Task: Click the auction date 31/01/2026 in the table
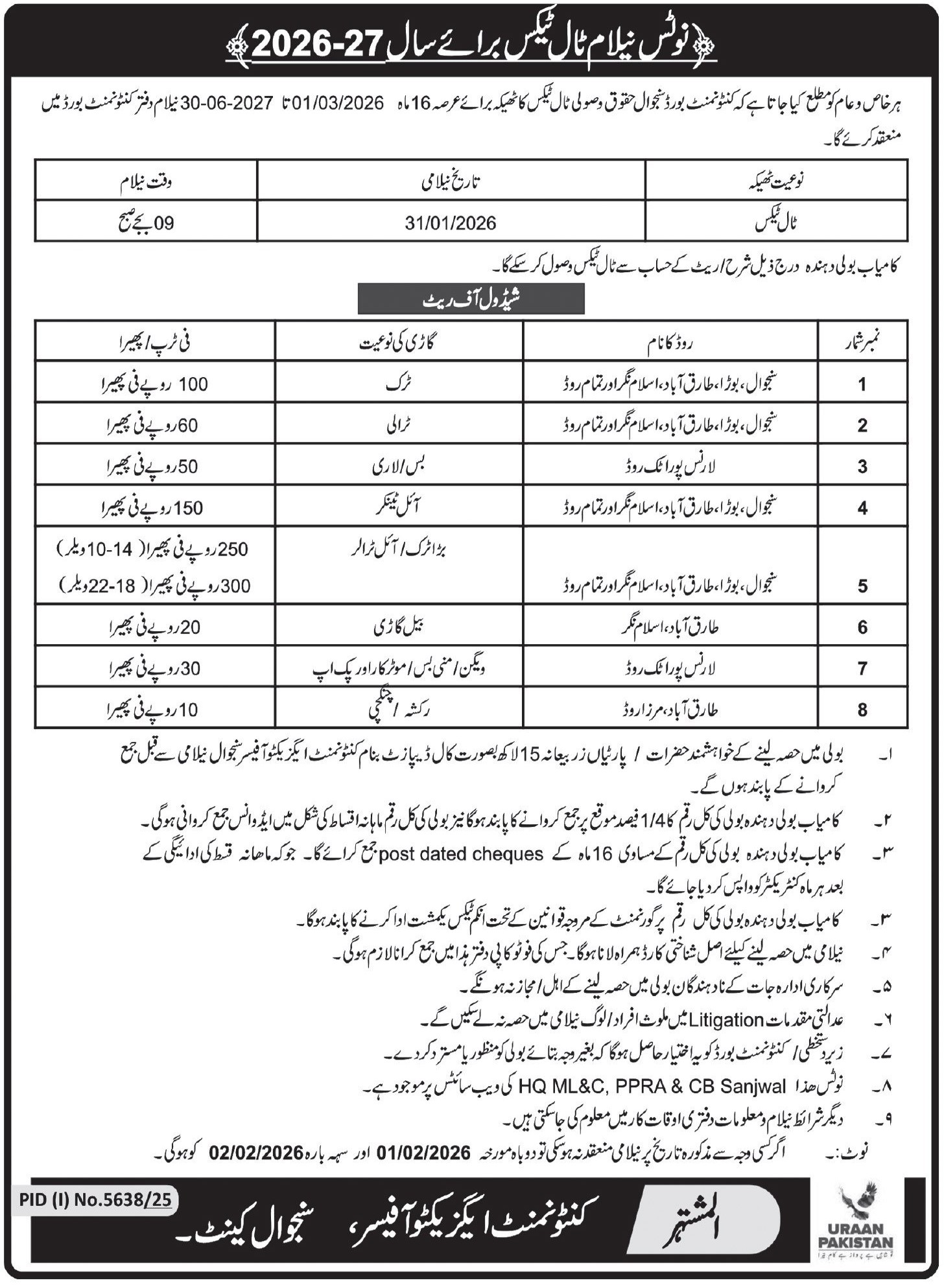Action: point(451,224)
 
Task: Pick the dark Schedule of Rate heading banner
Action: point(471,299)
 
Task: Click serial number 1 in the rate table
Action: point(862,384)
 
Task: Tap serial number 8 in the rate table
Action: point(862,710)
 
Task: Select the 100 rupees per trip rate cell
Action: point(156,384)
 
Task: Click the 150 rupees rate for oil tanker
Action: point(156,508)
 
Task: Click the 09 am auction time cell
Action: point(146,224)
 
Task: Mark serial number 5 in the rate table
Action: point(862,586)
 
